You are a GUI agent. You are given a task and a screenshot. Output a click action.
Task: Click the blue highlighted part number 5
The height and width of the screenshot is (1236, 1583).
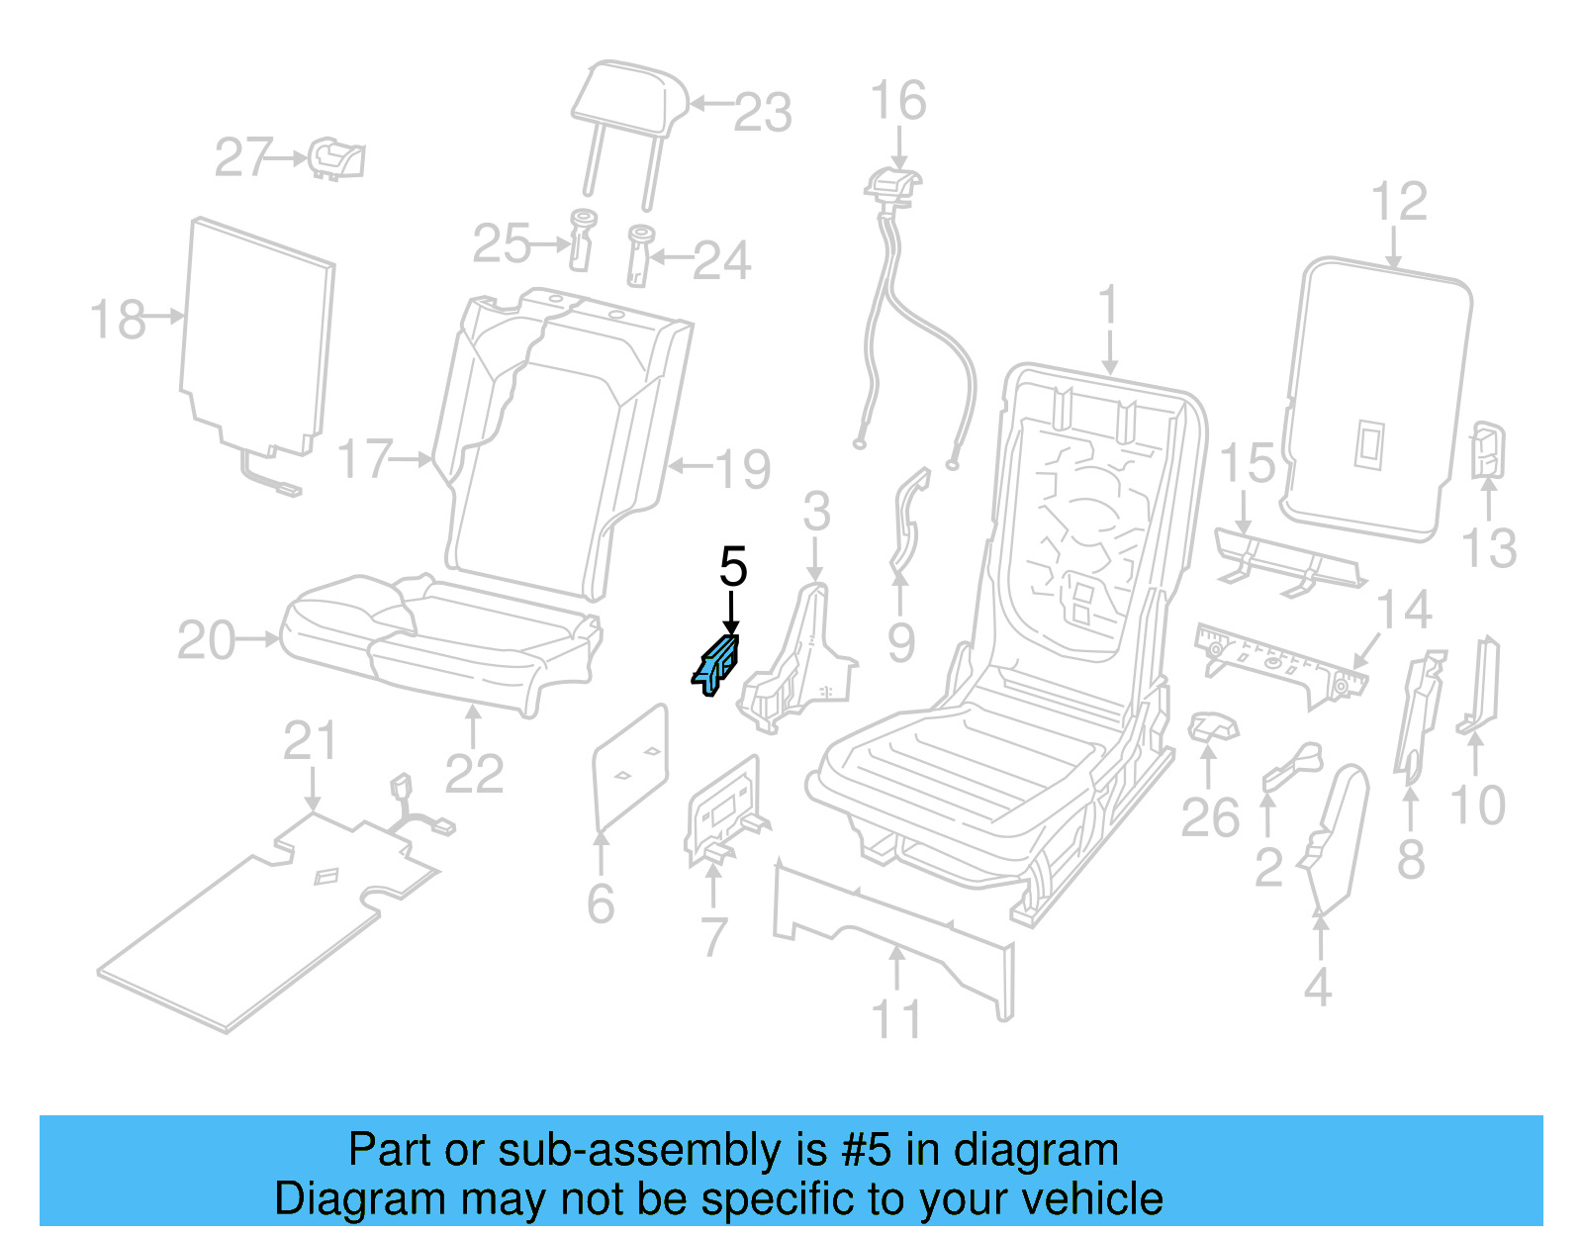(716, 664)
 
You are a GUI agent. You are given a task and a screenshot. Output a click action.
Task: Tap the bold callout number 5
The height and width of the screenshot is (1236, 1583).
(732, 568)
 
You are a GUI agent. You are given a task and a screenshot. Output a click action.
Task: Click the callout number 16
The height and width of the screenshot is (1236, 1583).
(897, 101)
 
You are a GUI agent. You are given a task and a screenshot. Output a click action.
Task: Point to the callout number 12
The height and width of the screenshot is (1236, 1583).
(1399, 202)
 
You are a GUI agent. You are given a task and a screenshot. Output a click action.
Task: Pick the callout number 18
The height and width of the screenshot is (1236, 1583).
(118, 320)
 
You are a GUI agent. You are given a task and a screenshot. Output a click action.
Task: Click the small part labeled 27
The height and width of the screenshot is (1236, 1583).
(336, 158)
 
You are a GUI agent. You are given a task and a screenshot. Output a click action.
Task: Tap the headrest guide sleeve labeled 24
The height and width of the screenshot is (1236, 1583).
(639, 254)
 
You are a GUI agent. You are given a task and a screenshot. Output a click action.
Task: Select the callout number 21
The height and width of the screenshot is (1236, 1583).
(310, 741)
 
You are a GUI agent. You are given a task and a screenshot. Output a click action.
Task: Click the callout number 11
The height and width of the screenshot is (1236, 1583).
(896, 1019)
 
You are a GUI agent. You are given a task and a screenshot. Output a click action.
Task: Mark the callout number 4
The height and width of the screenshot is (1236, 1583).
(1317, 988)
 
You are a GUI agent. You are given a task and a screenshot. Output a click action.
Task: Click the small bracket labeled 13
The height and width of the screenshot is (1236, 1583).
(1487, 450)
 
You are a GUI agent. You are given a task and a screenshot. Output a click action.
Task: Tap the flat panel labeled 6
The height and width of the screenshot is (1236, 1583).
(630, 767)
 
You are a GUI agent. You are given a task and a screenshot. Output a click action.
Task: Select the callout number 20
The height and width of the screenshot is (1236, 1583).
(206, 640)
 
